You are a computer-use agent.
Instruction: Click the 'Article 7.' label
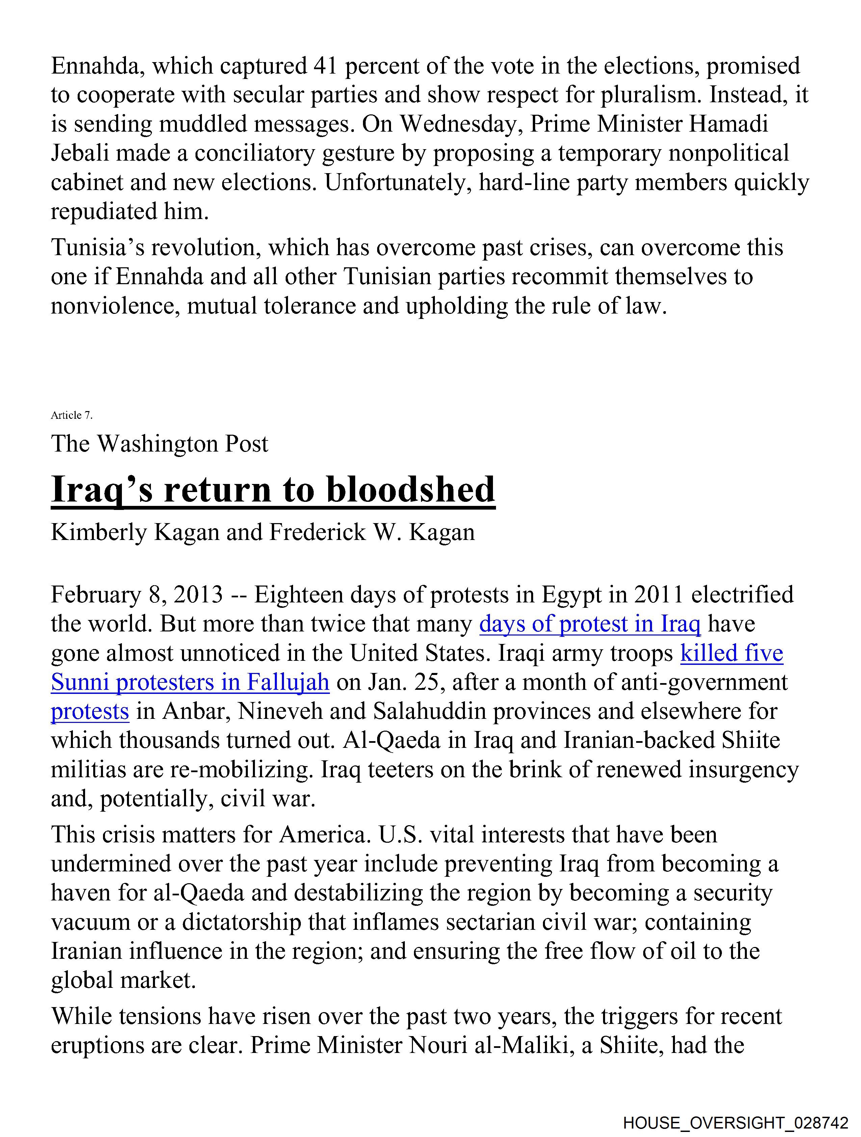tap(72, 415)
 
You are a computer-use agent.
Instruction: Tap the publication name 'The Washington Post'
tap(159, 443)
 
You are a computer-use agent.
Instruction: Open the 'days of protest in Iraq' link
tap(590, 624)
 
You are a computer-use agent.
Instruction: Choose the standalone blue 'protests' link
tap(90, 711)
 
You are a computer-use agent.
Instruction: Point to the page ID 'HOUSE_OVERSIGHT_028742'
tap(735, 1122)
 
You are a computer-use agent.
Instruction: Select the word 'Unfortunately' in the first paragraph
tap(398, 183)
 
